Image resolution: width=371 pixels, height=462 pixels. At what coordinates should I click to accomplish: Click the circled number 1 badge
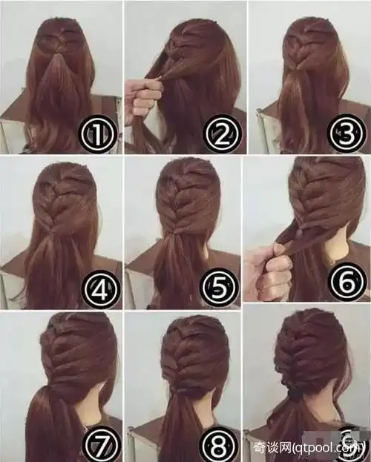[96, 133]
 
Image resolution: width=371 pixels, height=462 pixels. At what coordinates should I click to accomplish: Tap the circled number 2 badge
[222, 133]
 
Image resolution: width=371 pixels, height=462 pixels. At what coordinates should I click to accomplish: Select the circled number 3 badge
[346, 133]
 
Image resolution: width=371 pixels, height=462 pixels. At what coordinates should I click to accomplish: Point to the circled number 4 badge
[101, 289]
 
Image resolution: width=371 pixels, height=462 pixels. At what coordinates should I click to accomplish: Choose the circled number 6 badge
[347, 282]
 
